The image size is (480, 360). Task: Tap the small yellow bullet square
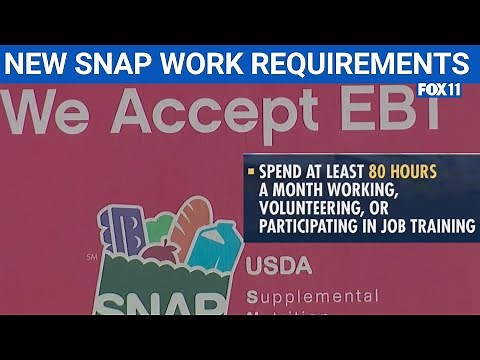click(x=251, y=173)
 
